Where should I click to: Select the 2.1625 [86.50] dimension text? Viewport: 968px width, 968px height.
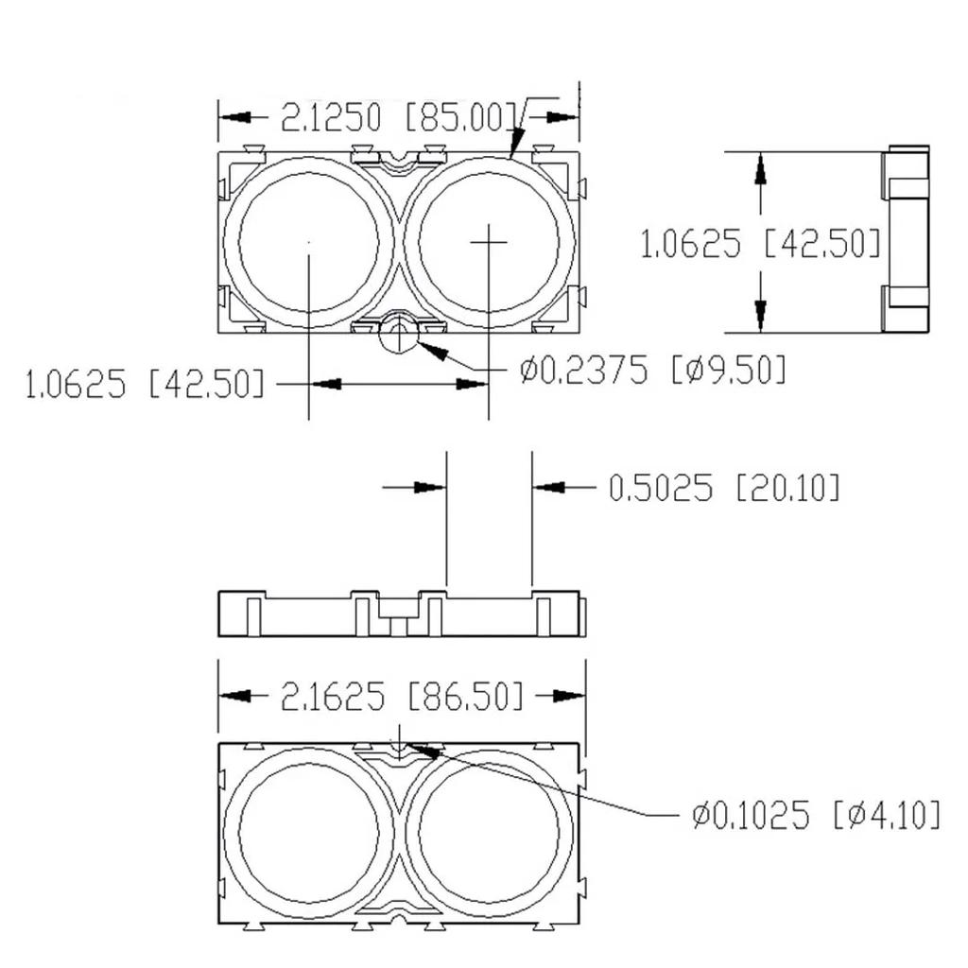click(402, 698)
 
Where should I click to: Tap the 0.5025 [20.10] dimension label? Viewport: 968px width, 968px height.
click(723, 488)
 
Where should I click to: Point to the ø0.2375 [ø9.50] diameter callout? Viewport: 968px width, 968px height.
click(652, 370)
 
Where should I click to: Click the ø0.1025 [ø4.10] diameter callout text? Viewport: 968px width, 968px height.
click(815, 814)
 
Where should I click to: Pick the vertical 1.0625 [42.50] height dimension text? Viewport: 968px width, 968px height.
click(761, 244)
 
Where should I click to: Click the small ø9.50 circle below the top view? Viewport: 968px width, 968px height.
click(398, 335)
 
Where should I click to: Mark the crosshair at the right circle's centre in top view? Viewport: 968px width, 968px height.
click(489, 242)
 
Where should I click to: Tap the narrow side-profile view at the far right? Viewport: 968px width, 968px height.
click(906, 240)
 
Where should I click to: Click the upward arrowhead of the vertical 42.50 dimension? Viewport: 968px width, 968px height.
click(760, 170)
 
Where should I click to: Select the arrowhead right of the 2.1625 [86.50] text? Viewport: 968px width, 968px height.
click(567, 697)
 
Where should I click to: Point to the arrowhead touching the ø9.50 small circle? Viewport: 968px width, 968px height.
click(430, 350)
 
